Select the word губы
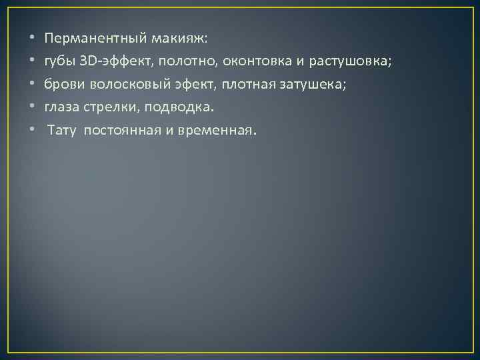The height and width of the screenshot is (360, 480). pos(59,62)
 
